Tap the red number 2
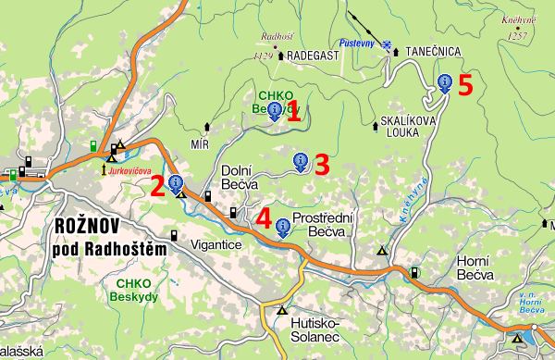(158, 186)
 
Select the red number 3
(322, 165)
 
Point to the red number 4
(264, 220)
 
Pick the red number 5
(465, 85)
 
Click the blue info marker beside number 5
(446, 82)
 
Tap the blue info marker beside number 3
(301, 162)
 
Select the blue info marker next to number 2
(175, 183)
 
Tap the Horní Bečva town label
(479, 269)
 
